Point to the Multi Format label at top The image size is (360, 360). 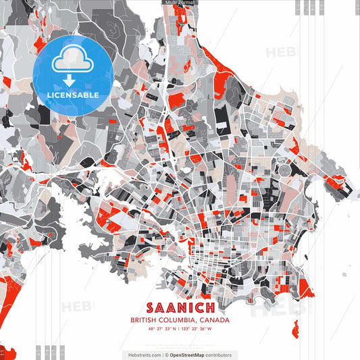[x=179, y=3]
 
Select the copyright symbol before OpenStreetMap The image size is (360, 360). [x=166, y=355]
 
